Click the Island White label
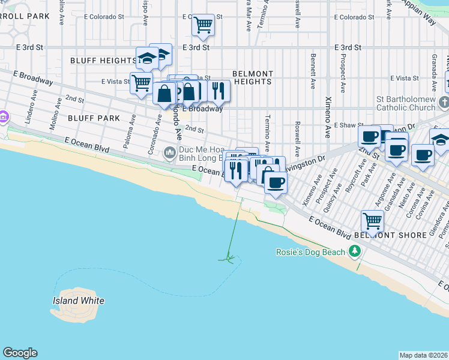[78, 301]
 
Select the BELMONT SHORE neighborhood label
[394, 235]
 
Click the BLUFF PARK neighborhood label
[94, 118]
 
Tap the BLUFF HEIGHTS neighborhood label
[103, 61]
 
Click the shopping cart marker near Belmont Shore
[372, 221]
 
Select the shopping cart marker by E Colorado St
[203, 25]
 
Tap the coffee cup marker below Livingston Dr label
[275, 182]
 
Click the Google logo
[20, 353]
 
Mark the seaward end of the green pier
[228, 259]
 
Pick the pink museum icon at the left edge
[4, 116]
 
